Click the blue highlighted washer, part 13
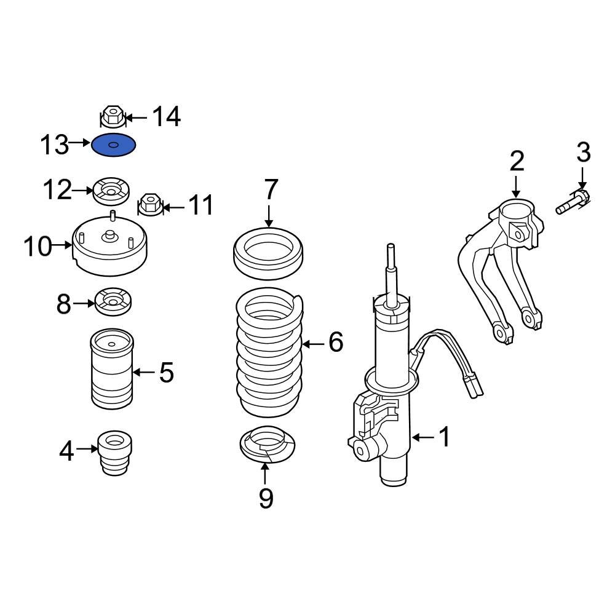pyautogui.click(x=114, y=146)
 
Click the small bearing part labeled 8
pyautogui.click(x=112, y=303)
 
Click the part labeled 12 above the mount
pyautogui.click(x=111, y=191)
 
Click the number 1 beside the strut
pyautogui.click(x=443, y=437)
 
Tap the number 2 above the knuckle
pyautogui.click(x=517, y=161)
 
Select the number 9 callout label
pyautogui.click(x=266, y=498)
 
